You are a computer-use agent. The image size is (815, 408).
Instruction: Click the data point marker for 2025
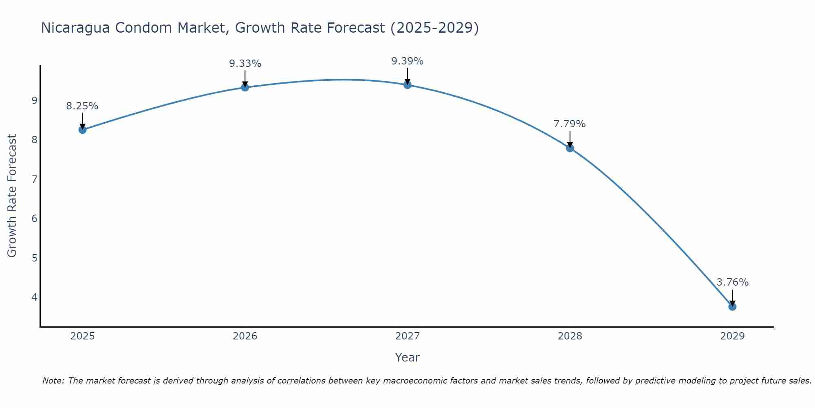click(x=82, y=130)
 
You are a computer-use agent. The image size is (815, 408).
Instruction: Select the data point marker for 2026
click(x=245, y=87)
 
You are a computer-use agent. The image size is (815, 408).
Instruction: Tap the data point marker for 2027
click(x=407, y=85)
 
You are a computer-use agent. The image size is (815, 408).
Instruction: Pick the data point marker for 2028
click(x=570, y=148)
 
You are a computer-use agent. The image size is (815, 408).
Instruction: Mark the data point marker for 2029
click(x=732, y=306)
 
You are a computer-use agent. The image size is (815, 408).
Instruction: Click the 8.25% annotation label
click(x=82, y=106)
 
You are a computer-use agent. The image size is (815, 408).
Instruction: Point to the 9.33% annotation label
click(x=245, y=64)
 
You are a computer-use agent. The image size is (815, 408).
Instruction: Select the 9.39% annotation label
click(x=407, y=61)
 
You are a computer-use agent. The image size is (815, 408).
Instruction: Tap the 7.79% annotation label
click(x=570, y=124)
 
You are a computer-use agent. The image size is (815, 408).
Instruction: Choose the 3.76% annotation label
click(x=732, y=282)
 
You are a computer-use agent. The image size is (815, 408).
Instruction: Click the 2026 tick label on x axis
click(x=245, y=336)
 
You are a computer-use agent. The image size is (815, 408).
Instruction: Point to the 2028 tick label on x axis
click(x=570, y=336)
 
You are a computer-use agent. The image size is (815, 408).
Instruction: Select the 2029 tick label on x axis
click(x=732, y=336)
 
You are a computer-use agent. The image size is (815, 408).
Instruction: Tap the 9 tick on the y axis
click(x=34, y=100)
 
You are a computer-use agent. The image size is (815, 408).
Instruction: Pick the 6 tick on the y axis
click(x=34, y=218)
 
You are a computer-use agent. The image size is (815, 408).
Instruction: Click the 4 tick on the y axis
click(x=34, y=297)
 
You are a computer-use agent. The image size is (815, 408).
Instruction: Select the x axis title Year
click(x=407, y=357)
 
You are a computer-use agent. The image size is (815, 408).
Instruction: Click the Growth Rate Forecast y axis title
click(x=12, y=196)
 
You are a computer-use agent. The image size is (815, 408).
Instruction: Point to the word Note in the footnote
click(x=53, y=381)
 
